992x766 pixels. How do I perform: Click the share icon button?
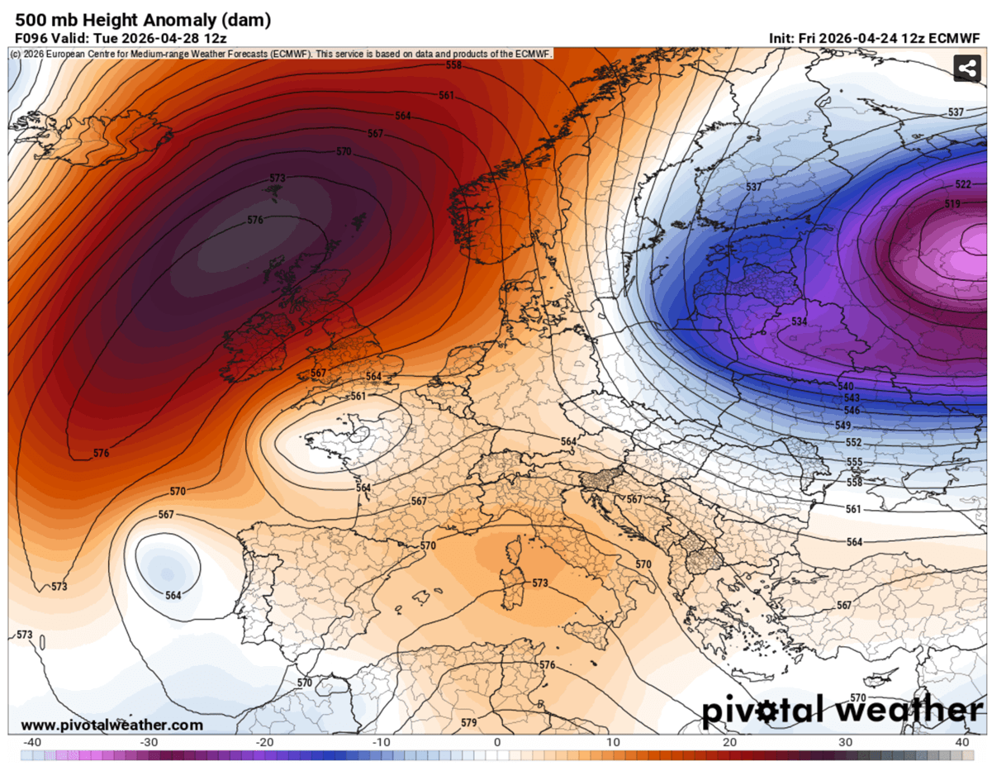tap(966, 69)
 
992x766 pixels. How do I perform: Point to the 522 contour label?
tap(963, 184)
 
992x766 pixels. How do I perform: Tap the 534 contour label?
tap(800, 321)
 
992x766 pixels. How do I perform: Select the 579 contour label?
tap(468, 722)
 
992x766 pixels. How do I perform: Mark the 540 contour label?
tap(845, 387)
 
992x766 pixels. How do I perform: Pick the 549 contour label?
tap(842, 425)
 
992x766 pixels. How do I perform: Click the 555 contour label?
tap(854, 462)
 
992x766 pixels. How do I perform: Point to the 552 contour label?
tap(854, 443)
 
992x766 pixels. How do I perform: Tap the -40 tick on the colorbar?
tap(33, 742)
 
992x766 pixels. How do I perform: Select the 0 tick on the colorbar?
tap(497, 742)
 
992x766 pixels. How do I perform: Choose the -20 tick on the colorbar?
tap(265, 742)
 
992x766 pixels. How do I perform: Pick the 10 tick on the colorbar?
tap(614, 742)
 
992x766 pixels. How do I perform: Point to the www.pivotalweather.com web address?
tap(107, 725)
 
